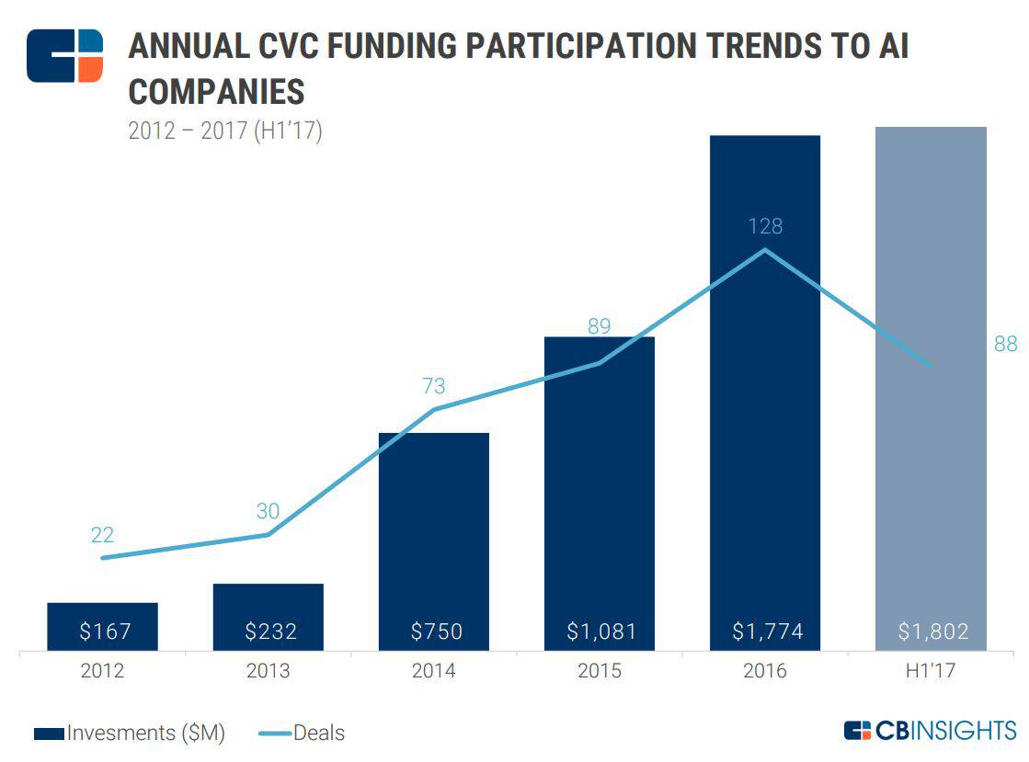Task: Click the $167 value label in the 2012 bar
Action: [103, 631]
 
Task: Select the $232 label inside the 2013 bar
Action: [269, 631]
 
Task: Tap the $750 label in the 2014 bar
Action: [434, 631]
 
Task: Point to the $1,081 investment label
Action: [600, 631]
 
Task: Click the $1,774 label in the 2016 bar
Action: [766, 631]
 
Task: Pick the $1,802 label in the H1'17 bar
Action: [932, 631]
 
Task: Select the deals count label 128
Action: [765, 225]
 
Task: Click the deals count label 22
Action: [103, 535]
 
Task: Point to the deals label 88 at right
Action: [1005, 344]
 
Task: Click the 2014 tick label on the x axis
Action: [434, 671]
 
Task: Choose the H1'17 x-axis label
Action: [931, 671]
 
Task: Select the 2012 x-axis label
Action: [103, 671]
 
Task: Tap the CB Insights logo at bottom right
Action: [930, 731]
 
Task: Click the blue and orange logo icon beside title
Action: [64, 56]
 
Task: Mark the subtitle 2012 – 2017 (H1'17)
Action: [224, 131]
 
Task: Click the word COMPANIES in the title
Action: [216, 92]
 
